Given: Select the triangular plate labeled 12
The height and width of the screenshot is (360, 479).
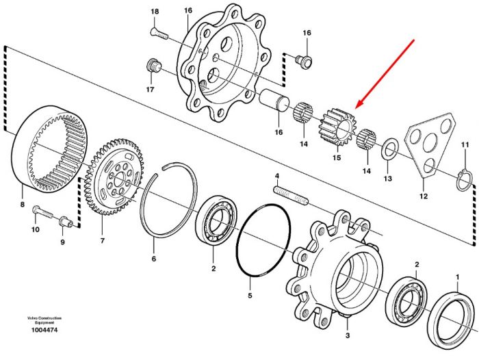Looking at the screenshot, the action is click(429, 144).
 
